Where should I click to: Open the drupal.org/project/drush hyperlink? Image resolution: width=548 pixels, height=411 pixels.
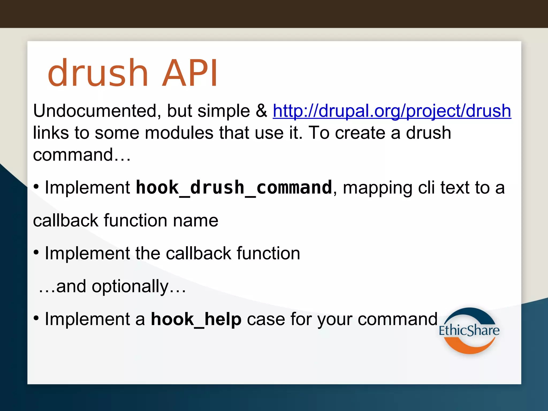(x=392, y=111)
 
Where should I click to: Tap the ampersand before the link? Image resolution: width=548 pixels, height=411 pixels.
(x=261, y=111)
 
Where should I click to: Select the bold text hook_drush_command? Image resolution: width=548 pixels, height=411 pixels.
(x=234, y=188)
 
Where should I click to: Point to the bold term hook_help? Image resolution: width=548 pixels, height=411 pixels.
(x=196, y=319)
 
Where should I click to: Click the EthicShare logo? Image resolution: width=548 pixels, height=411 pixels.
(x=469, y=330)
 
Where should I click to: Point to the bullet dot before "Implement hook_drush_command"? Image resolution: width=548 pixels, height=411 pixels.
(x=36, y=187)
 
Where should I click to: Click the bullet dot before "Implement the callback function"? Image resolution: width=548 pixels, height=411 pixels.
(x=36, y=252)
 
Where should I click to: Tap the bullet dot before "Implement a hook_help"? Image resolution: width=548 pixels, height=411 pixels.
(x=36, y=318)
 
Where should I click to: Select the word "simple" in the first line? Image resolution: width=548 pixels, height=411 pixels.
(x=224, y=111)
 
